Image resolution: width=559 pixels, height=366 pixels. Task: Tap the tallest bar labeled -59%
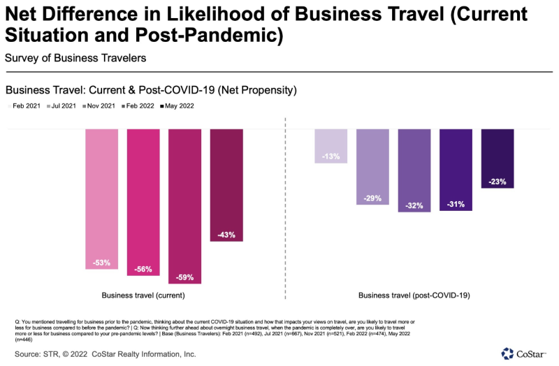pyautogui.click(x=184, y=206)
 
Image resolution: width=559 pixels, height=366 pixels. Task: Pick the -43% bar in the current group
pyautogui.click(x=226, y=185)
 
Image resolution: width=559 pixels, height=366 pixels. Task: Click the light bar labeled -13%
pyautogui.click(x=331, y=145)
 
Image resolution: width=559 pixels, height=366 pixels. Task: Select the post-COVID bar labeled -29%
pyautogui.click(x=372, y=166)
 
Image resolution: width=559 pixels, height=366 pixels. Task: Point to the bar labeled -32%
pyautogui.click(x=414, y=170)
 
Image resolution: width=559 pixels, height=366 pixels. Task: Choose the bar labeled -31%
pyautogui.click(x=456, y=169)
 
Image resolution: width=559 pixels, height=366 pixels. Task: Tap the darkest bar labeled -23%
pyautogui.click(x=498, y=159)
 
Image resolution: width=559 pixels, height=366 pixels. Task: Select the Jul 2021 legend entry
pyautogui.click(x=63, y=106)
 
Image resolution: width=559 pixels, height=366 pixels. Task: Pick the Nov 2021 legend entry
pyautogui.click(x=100, y=106)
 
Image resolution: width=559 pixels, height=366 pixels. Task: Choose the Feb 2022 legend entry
pyautogui.click(x=138, y=106)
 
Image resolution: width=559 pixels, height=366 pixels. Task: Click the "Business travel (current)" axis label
pyautogui.click(x=143, y=295)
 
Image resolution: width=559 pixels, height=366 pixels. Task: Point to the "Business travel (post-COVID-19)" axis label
pyautogui.click(x=414, y=295)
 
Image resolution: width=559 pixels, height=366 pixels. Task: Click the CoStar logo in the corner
pyautogui.click(x=527, y=353)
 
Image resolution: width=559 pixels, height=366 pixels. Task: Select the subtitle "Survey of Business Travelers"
pyautogui.click(x=75, y=57)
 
